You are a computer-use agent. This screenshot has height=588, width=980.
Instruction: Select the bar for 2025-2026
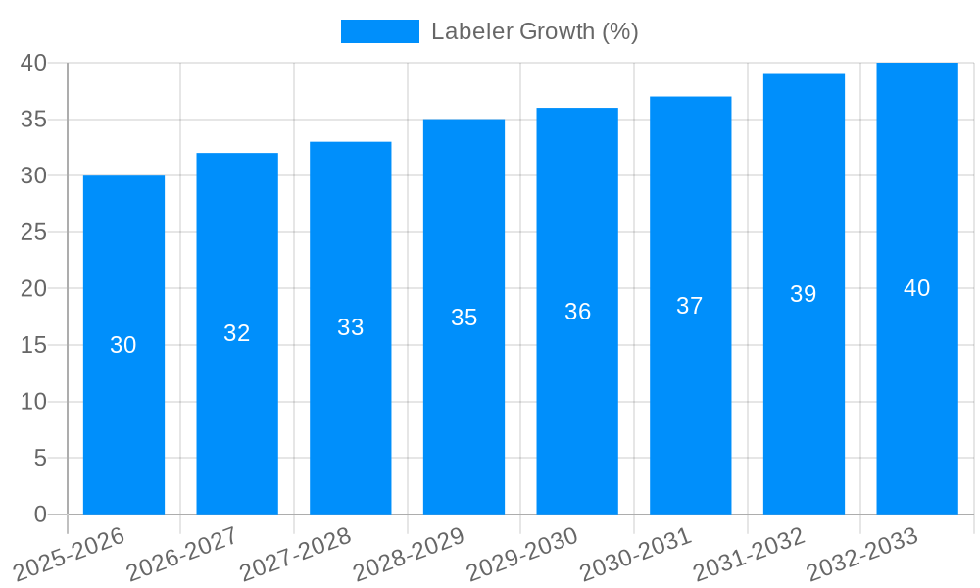tap(123, 392)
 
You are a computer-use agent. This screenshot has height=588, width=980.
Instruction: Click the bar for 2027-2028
tap(350, 392)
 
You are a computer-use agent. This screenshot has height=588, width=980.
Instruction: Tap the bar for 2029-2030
tap(577, 392)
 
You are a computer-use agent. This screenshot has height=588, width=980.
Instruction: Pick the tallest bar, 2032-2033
tap(917, 392)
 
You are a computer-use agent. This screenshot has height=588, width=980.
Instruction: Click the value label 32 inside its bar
tap(237, 333)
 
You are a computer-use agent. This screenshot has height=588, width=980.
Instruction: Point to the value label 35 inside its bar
tap(464, 318)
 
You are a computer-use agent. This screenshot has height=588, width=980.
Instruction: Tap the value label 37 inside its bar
tap(690, 306)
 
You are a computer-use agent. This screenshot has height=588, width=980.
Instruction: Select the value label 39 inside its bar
tap(804, 294)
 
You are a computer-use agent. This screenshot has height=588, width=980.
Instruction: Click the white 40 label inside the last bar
tap(917, 288)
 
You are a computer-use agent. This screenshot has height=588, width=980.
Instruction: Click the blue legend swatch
tap(379, 31)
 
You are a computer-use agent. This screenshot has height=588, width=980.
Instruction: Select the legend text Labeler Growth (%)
tap(534, 31)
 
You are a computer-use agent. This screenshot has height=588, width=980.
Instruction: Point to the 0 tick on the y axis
tap(40, 514)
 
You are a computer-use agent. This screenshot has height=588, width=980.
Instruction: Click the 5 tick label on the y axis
tap(40, 458)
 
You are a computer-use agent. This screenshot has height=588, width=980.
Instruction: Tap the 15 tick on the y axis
tap(34, 345)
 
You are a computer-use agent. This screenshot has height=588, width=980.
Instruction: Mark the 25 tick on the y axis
tap(34, 232)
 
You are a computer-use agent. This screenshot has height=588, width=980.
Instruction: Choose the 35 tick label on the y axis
tap(34, 120)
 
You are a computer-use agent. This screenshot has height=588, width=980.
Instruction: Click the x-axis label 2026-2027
tap(182, 554)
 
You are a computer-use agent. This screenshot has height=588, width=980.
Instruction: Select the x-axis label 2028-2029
tap(409, 554)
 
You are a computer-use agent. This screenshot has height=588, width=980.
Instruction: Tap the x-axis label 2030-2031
tap(636, 554)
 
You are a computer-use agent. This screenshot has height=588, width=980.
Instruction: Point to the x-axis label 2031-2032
tap(750, 554)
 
